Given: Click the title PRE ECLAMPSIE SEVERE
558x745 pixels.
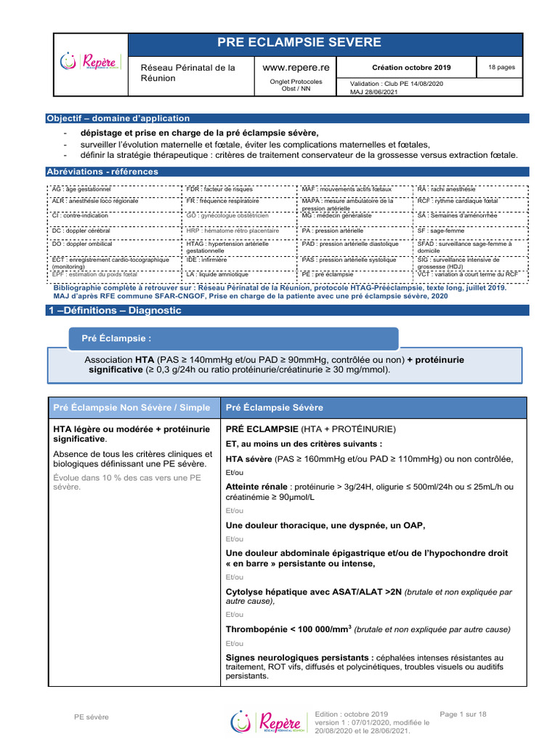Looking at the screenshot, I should [325, 43].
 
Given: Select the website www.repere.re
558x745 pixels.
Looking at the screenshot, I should [296, 67].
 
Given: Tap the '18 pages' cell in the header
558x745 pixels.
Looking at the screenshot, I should [501, 68].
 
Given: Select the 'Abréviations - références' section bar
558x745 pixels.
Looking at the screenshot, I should [102, 172].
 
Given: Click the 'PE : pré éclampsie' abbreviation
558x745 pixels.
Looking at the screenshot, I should [328, 274].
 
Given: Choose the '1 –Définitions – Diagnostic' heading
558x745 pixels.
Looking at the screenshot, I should [114, 310].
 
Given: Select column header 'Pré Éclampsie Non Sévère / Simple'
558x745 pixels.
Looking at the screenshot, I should [132, 407].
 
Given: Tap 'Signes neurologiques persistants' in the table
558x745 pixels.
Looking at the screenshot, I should [301, 657].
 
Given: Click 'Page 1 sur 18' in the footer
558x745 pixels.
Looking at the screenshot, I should [463, 714].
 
